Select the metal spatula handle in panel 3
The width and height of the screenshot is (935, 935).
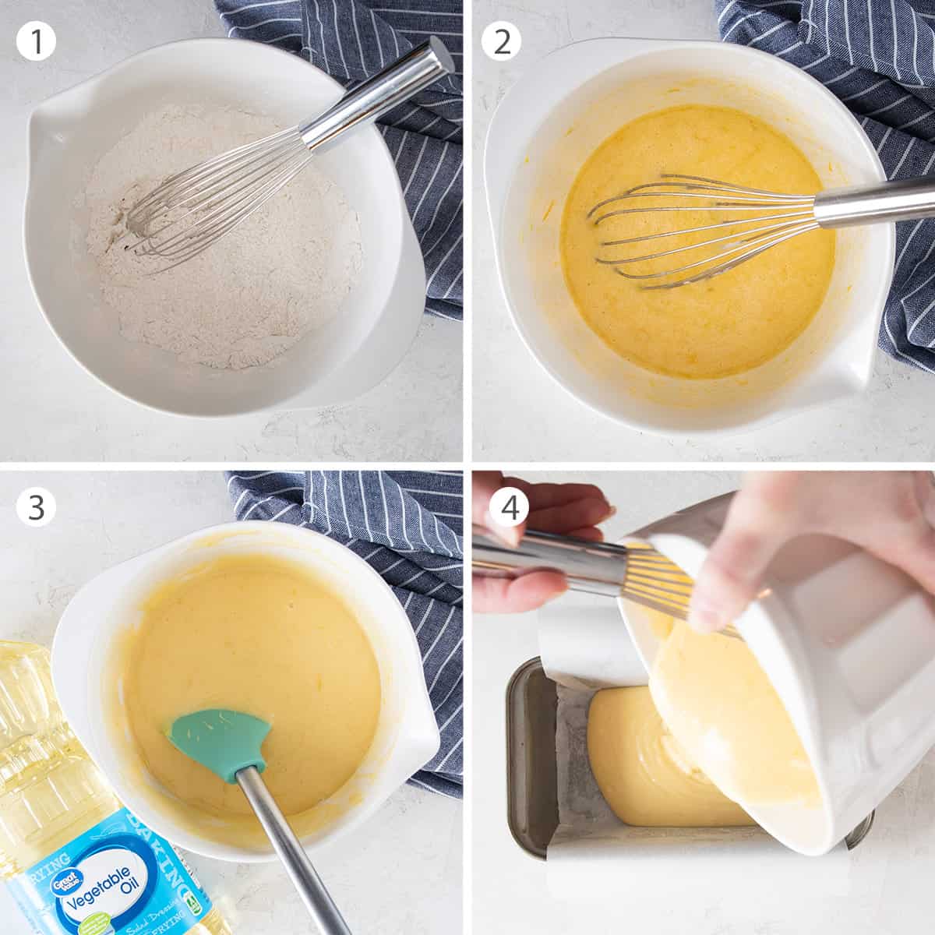click(288, 841)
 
